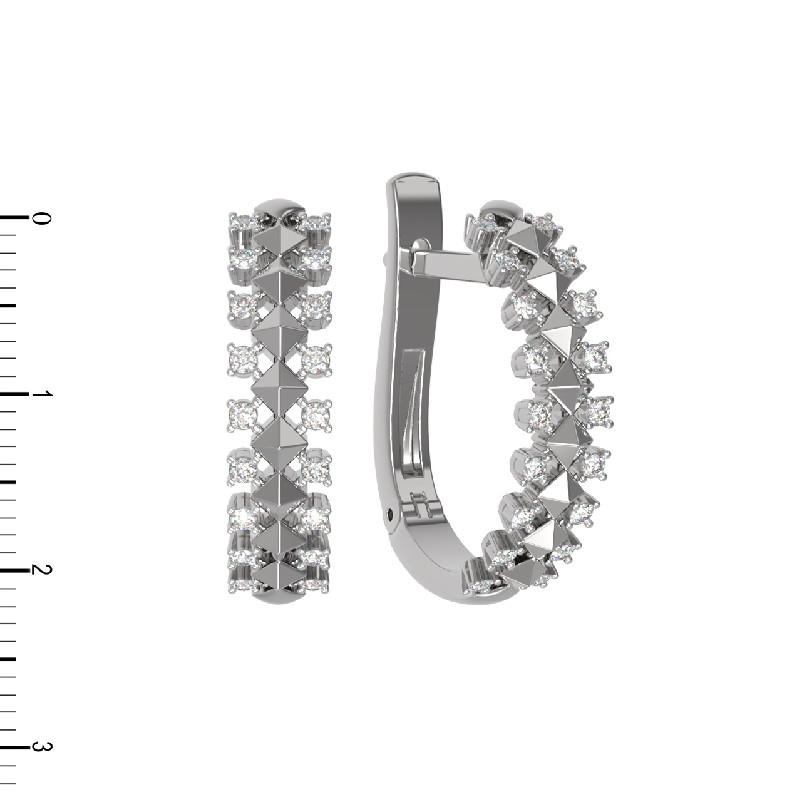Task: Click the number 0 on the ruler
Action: pyautogui.click(x=41, y=219)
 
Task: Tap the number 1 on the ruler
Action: pyautogui.click(x=42, y=394)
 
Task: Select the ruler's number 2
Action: pyautogui.click(x=41, y=570)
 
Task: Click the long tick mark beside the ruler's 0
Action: pyautogui.click(x=15, y=218)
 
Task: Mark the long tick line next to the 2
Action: pyautogui.click(x=15, y=570)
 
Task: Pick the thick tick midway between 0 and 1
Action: pyautogui.click(x=8, y=306)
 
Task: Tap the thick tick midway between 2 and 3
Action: pyautogui.click(x=8, y=658)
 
